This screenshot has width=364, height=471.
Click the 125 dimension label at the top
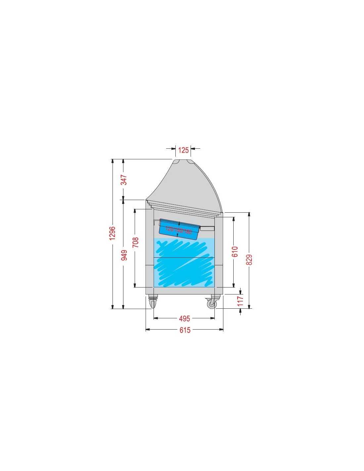[x=183, y=150]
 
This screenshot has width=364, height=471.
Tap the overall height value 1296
[x=112, y=233]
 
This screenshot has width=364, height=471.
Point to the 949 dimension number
[x=124, y=255]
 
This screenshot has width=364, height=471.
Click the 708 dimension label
[x=135, y=242]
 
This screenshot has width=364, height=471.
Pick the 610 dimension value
[x=235, y=251]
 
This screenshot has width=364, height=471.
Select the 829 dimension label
[x=249, y=259]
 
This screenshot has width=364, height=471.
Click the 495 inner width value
[x=185, y=319]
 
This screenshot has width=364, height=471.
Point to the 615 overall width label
[x=185, y=330]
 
